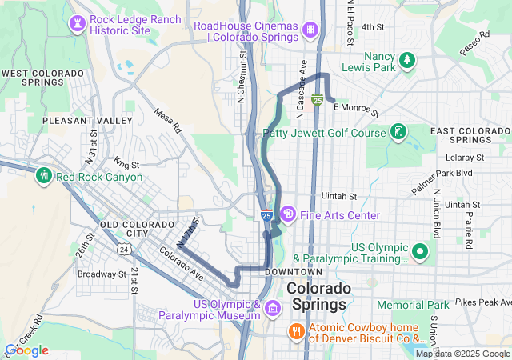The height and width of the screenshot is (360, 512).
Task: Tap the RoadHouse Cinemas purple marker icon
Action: coord(310,30)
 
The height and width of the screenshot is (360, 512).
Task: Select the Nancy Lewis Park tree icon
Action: coord(407,59)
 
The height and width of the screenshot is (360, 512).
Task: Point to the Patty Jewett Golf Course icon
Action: coord(397,132)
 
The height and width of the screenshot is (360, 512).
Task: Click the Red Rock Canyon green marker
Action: coord(43,175)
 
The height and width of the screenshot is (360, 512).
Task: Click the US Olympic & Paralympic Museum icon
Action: coord(273,308)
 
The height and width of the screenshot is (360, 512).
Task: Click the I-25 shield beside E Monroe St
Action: coord(318,100)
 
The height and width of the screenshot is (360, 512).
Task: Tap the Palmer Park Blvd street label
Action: coord(442,172)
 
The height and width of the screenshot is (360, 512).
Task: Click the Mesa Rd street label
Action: coord(169,122)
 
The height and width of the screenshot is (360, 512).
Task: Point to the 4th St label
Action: coord(373,26)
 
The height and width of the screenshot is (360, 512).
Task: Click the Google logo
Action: coord(26,350)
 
